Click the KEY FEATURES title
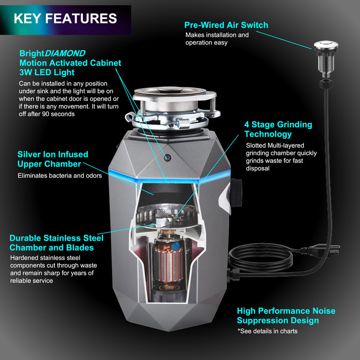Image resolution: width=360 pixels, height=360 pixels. pyautogui.click(x=65, y=18)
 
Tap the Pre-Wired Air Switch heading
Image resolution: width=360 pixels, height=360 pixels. pyautogui.click(x=226, y=25)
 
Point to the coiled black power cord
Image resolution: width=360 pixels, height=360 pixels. pyautogui.click(x=261, y=261)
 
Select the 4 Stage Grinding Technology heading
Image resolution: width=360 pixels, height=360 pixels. pyautogui.click(x=278, y=129)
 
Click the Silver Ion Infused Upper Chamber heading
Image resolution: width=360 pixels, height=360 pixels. pyautogui.click(x=53, y=159)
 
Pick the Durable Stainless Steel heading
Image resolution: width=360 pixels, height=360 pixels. pyautogui.click(x=56, y=243)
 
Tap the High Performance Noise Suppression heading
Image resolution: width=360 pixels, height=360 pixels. pyautogui.click(x=286, y=315)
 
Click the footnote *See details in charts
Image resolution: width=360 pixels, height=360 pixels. pyautogui.click(x=267, y=331)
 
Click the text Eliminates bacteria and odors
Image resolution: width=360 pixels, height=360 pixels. pyautogui.click(x=59, y=175)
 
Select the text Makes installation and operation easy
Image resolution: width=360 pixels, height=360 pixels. pyautogui.click(x=217, y=39)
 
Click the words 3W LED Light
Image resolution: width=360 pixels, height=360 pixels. pyautogui.click(x=47, y=72)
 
